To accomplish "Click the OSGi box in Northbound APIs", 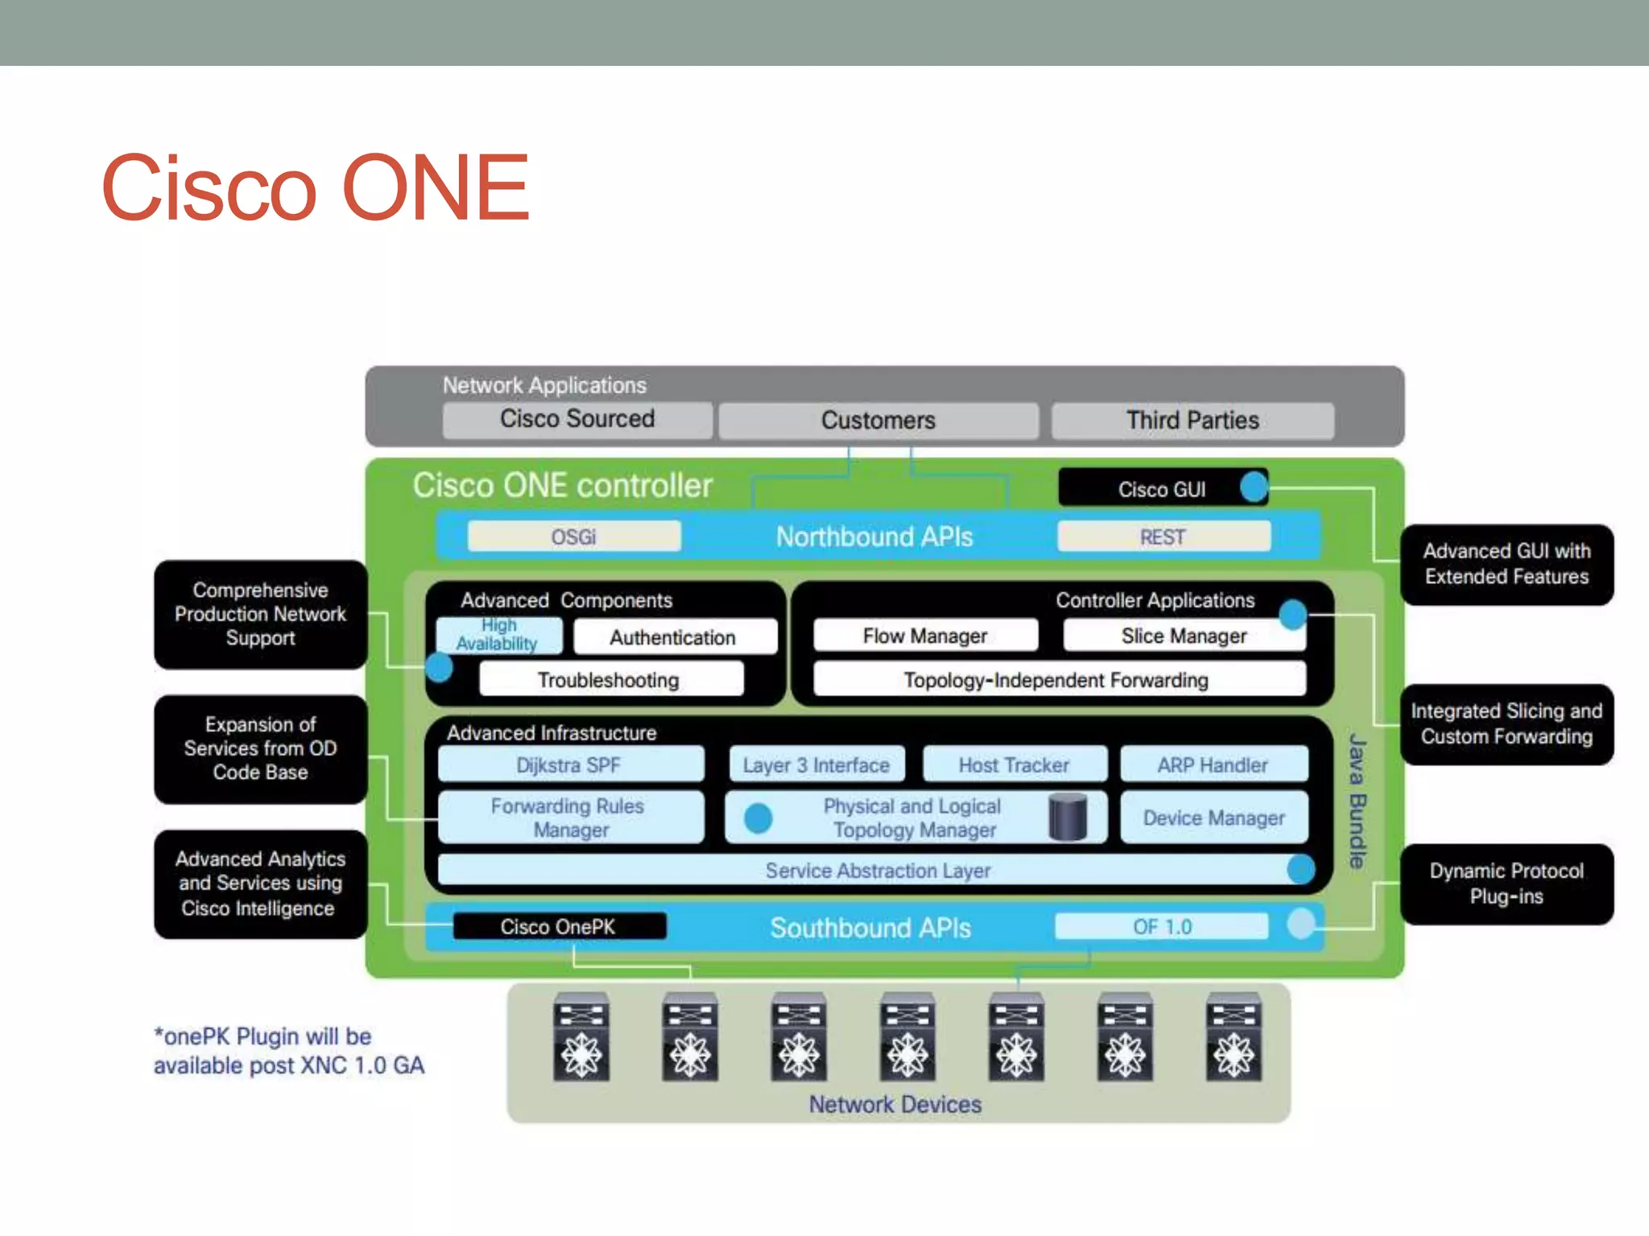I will (574, 537).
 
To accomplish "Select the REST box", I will (1163, 537).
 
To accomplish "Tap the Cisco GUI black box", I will (1161, 488).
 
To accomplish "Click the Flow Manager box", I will (925, 636).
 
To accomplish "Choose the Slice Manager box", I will (1184, 636).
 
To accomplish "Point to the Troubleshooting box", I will (610, 680).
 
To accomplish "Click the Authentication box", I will (674, 637).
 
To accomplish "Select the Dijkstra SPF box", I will (570, 764).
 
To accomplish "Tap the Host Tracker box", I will (1014, 764).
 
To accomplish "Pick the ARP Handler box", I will (1213, 764).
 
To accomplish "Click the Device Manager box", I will (1213, 818).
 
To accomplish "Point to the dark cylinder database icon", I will (1068, 817).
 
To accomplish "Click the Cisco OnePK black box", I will (559, 926).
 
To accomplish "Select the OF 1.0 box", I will (1161, 926).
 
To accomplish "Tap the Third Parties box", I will (1192, 420).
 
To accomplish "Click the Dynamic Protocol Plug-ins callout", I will (1506, 884).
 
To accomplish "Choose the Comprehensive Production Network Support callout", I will (260, 614).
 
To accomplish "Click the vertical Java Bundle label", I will (1358, 801).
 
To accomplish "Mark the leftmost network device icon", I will (581, 1036).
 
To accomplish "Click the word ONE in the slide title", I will (436, 187).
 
